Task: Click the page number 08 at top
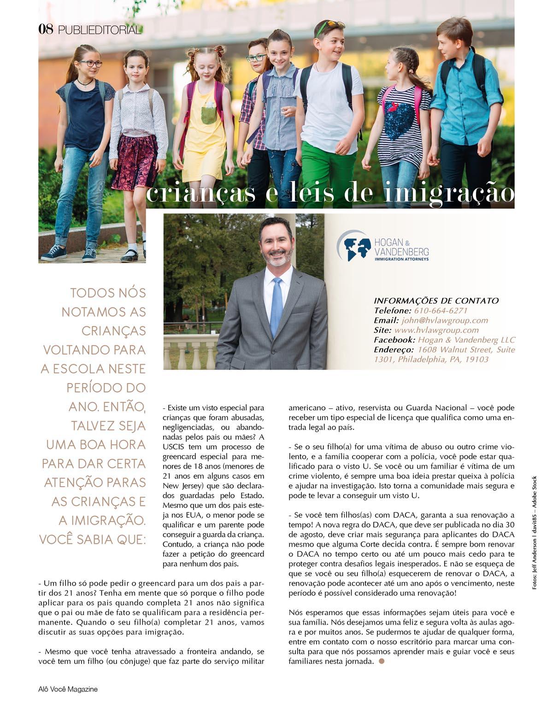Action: [x=46, y=30]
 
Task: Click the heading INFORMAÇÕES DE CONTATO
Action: [x=436, y=301]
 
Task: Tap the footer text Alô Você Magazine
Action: [x=68, y=689]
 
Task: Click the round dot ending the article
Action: [x=381, y=662]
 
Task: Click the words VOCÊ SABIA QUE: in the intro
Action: [x=92, y=539]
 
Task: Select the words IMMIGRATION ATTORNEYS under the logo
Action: [x=401, y=259]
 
